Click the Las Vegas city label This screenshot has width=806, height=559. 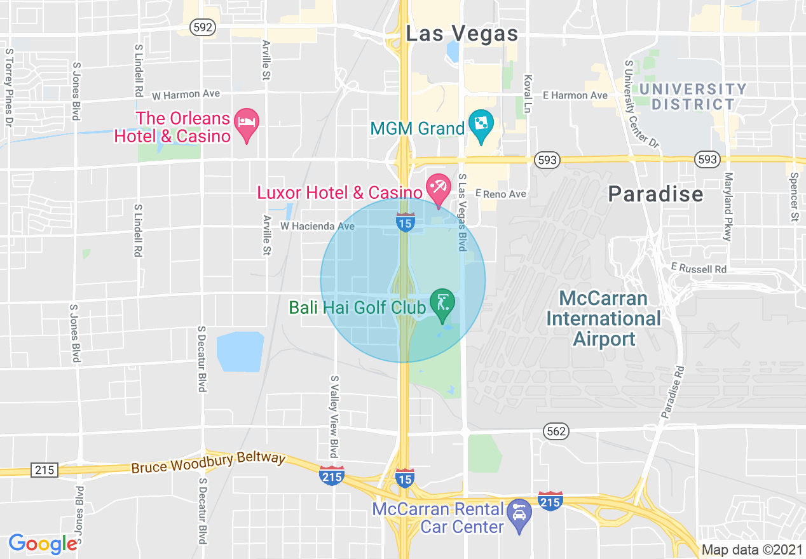click(462, 33)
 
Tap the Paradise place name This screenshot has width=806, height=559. click(655, 194)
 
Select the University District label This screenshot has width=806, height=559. click(692, 97)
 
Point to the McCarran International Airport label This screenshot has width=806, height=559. click(603, 319)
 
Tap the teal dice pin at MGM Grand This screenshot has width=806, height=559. click(481, 125)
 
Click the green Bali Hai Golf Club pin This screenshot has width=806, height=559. click(442, 304)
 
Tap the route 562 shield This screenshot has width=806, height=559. click(556, 432)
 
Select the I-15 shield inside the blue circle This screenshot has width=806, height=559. click(405, 222)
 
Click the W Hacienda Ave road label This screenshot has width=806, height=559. click(318, 226)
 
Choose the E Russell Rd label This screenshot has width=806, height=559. click(699, 269)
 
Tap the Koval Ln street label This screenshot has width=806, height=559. click(527, 94)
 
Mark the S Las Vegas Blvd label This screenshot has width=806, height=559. click(462, 212)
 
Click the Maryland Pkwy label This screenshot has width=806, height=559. click(728, 206)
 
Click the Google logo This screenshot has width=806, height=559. click(43, 544)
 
